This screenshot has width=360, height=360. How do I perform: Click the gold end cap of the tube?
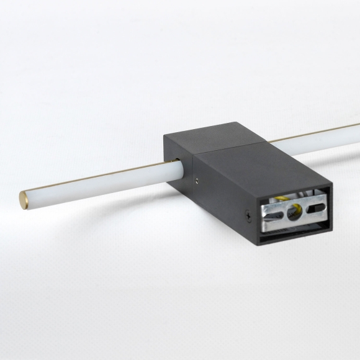coord(23,199)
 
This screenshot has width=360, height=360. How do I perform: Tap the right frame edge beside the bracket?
coord(328,205)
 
